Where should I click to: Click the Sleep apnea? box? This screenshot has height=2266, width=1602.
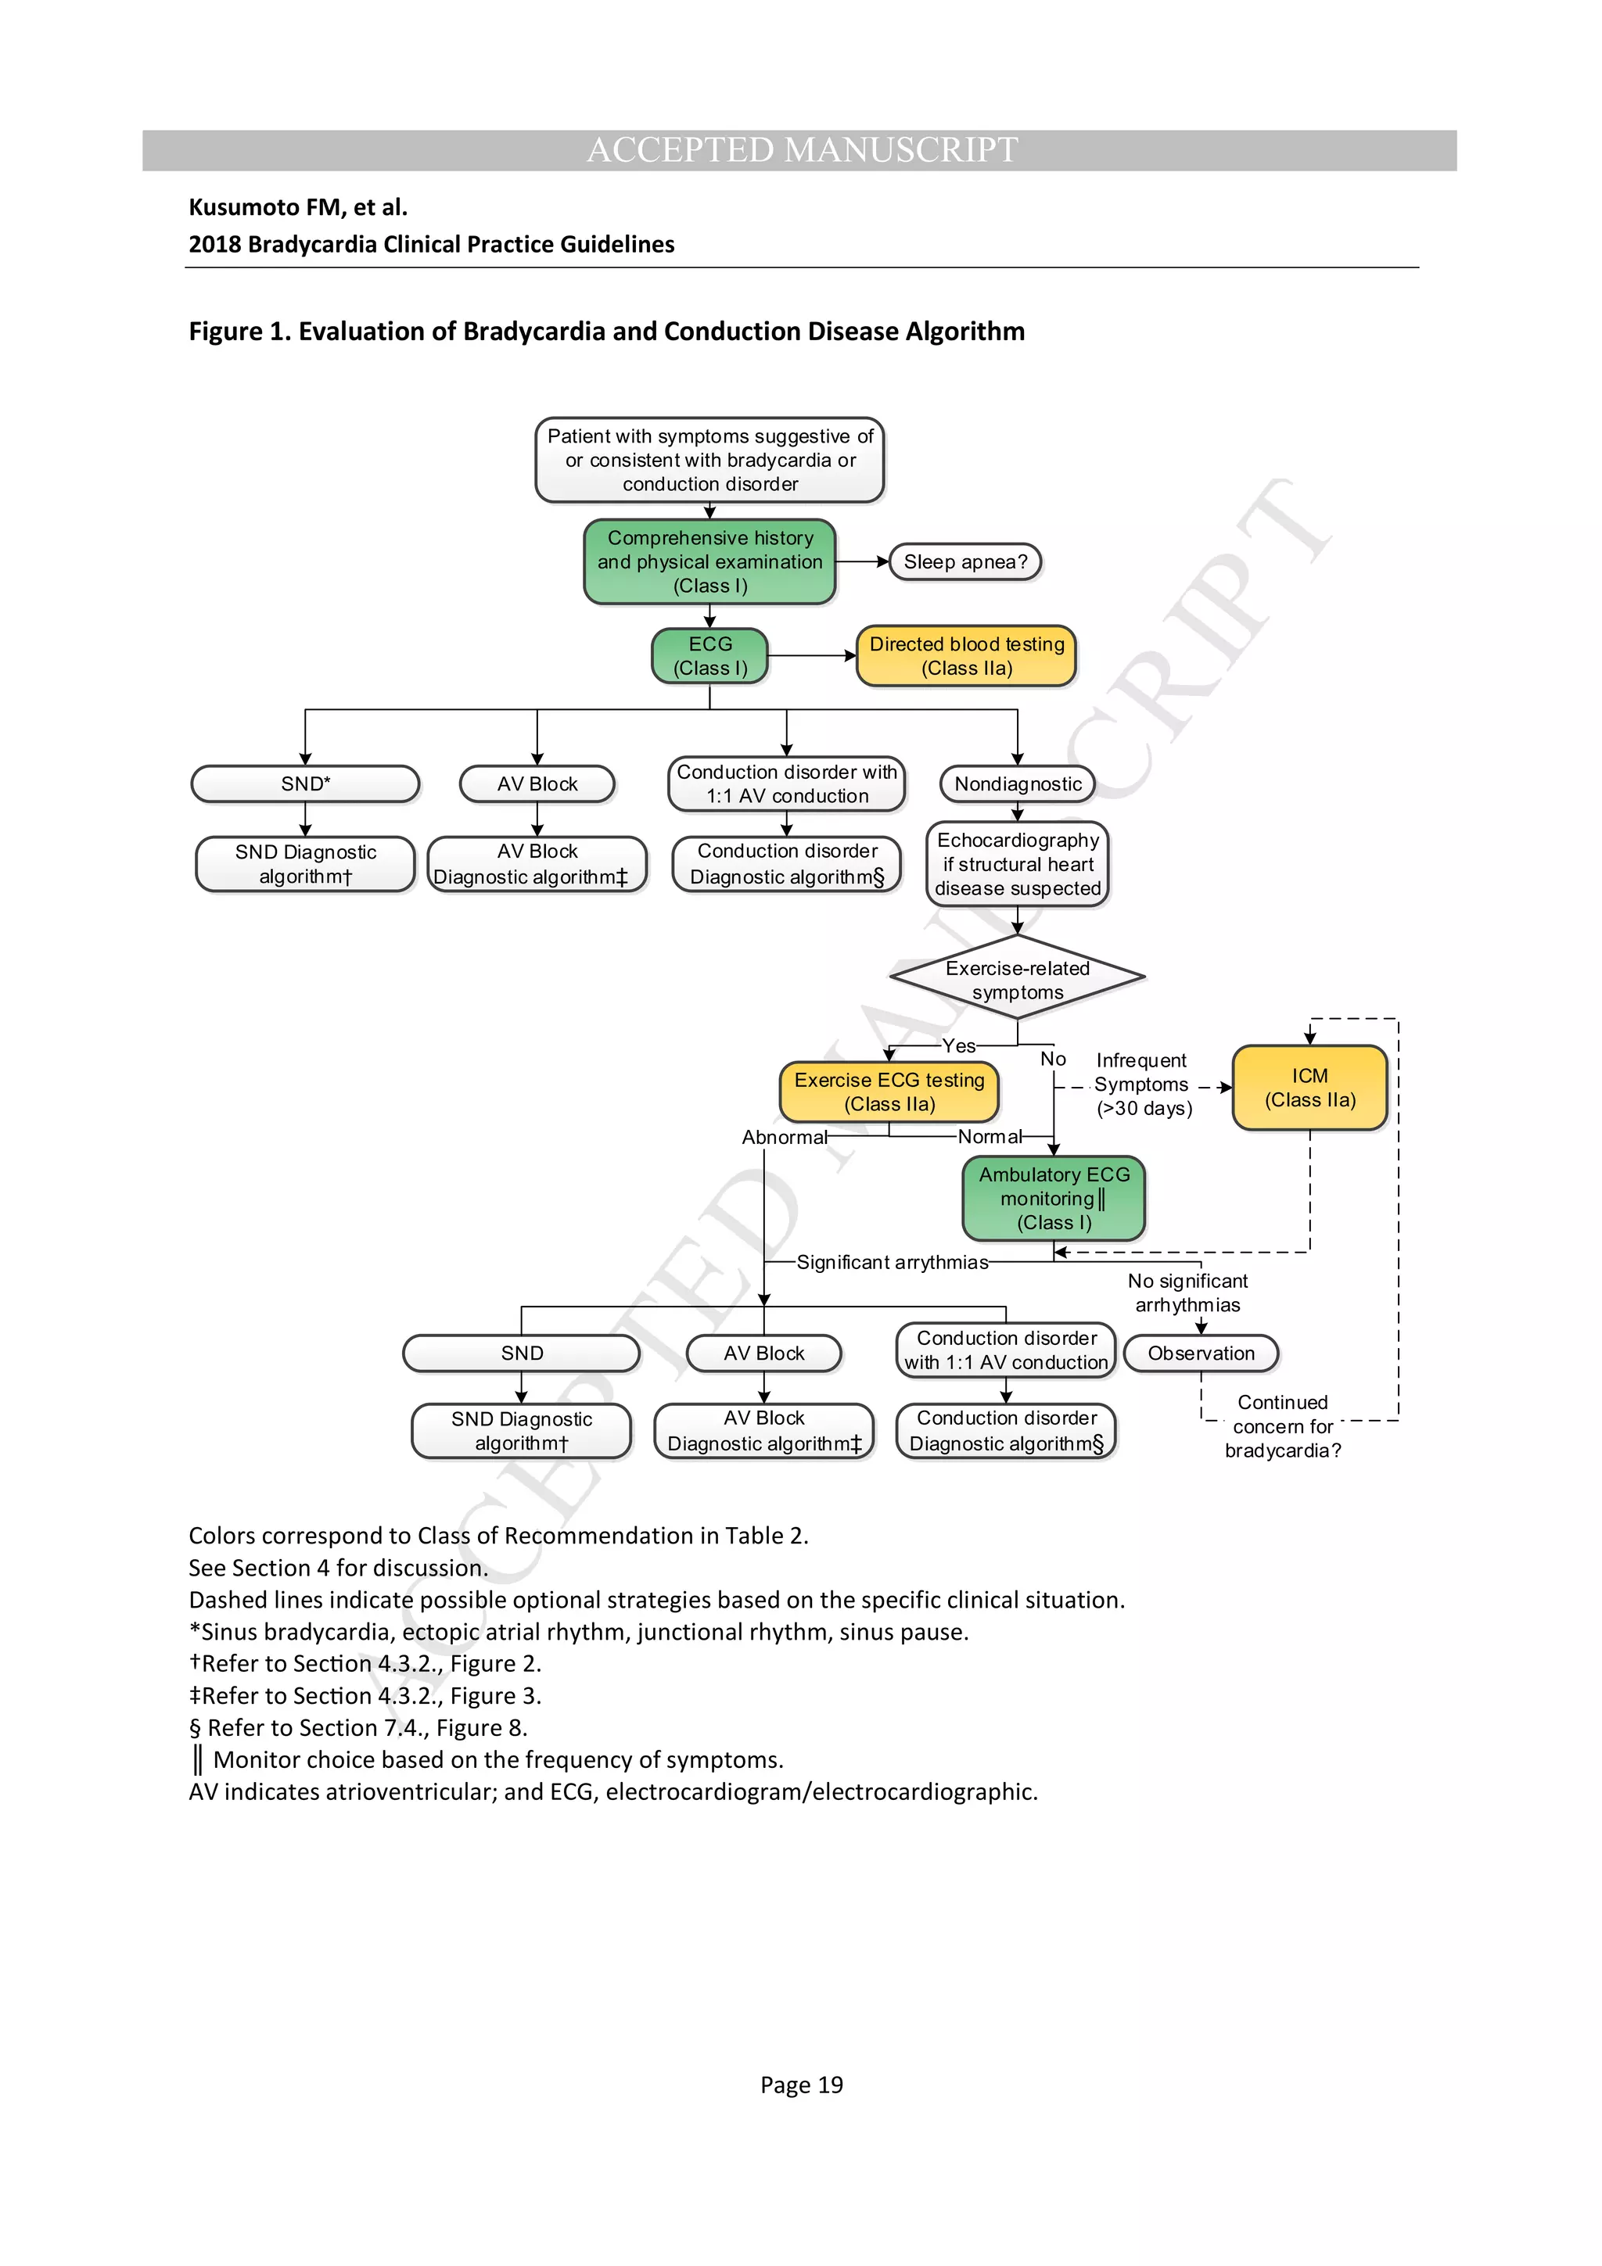point(964,561)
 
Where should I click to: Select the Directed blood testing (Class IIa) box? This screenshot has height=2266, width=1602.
point(965,655)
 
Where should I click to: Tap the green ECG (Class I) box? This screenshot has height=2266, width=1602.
point(709,655)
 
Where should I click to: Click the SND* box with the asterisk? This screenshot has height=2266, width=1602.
point(305,783)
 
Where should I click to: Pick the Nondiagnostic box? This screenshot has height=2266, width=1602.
point(1017,783)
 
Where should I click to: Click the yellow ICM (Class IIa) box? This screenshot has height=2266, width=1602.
point(1309,1088)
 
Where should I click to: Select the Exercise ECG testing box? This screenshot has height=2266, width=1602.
point(889,1092)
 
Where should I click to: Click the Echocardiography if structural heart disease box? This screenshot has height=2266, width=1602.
point(1017,863)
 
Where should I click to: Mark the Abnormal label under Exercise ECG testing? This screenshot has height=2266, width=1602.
point(784,1137)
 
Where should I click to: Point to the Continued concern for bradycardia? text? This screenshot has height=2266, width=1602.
point(1282,1426)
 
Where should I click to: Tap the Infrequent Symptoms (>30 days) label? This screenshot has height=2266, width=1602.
point(1142,1084)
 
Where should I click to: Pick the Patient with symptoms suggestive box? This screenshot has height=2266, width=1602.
point(709,460)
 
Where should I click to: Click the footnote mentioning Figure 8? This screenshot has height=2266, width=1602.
point(358,1727)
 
